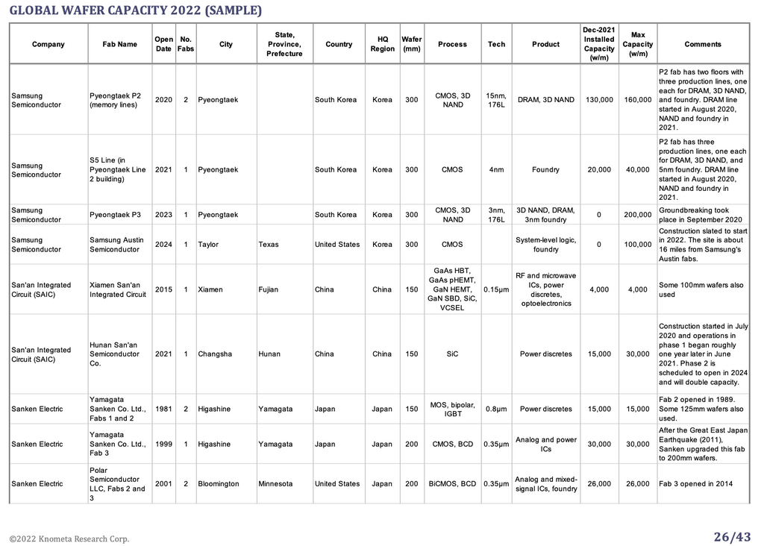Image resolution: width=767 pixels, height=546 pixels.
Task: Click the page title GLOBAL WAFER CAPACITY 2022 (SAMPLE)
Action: [136, 10]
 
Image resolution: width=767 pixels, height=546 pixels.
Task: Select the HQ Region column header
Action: [383, 44]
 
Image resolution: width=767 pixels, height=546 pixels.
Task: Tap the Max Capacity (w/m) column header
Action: [638, 44]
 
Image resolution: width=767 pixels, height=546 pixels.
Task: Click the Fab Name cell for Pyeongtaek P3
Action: [115, 215]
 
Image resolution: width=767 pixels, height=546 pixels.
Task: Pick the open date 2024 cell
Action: [163, 245]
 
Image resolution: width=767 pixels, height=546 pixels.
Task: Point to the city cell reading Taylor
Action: [208, 245]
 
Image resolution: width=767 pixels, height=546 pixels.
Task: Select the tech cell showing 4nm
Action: [496, 169]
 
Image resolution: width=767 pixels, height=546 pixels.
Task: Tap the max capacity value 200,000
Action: [638, 215]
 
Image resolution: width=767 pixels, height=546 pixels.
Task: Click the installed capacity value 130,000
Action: [599, 100]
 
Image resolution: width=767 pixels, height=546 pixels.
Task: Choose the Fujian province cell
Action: [269, 289]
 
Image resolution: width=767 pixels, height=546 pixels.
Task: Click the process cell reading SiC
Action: [452, 354]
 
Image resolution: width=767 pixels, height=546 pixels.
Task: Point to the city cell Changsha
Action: [215, 354]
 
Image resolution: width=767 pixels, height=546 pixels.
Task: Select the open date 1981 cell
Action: [163, 409]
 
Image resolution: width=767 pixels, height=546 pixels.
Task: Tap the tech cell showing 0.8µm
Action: [496, 409]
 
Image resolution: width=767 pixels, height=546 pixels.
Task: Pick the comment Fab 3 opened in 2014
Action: [695, 484]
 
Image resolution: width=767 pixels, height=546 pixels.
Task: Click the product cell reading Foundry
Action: [545, 169]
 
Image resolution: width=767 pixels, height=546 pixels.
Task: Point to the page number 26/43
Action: [732, 537]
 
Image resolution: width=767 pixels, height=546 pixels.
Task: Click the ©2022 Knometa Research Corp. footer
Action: [69, 539]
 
